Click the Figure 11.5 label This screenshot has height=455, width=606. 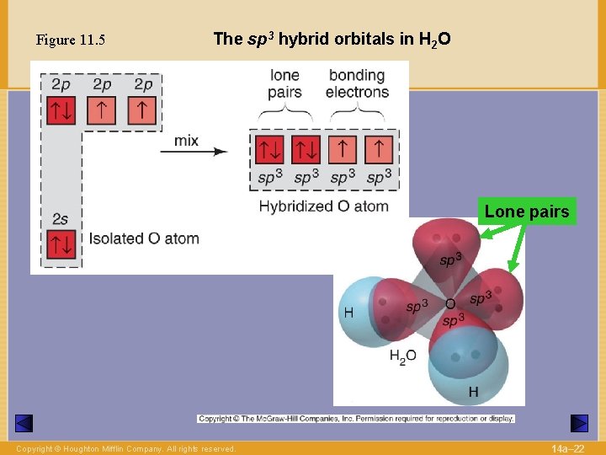pos(71,40)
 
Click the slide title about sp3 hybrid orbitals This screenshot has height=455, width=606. pos(332,39)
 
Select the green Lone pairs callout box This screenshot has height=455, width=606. pos(527,211)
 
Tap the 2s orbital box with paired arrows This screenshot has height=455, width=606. pos(61,244)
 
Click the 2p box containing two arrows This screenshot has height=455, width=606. pos(61,110)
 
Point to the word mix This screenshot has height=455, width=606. pos(186,140)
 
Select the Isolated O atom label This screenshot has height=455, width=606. pos(144,238)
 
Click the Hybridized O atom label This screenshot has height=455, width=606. pos(323,206)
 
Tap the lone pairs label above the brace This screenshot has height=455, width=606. pos(284,83)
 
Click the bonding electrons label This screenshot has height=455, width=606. pos(357,83)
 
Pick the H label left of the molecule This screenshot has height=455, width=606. pos(348,313)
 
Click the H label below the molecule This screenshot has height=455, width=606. pos(473,392)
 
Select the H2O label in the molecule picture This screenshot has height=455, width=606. pos(402,356)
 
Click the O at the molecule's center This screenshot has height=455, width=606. pos(450,304)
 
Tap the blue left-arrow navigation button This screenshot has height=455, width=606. pos(24,423)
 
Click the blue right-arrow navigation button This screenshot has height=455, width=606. pos(579,423)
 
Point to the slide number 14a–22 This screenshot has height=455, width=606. pos(567,448)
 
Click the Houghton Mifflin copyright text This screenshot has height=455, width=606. pos(126,449)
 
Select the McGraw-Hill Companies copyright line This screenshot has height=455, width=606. pos(356,418)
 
